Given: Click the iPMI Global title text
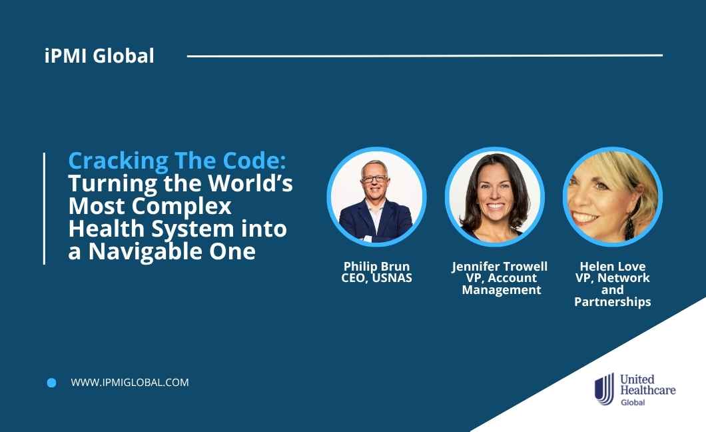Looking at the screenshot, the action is (99, 56).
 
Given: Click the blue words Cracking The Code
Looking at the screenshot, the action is (177, 161).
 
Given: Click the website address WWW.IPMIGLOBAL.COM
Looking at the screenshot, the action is (130, 383).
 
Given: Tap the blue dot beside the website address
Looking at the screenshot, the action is (52, 383).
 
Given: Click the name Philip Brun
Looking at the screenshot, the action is (376, 266).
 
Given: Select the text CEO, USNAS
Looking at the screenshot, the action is (376, 278).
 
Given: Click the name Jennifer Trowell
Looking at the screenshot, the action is (500, 266).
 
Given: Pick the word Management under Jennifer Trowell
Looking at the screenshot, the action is (502, 290).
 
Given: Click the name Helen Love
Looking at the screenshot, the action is (612, 266).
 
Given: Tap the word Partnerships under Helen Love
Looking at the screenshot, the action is (612, 302).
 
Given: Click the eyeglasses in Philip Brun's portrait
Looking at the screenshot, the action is (374, 179).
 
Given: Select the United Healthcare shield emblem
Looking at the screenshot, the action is (604, 389).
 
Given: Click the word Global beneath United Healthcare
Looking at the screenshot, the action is (633, 402).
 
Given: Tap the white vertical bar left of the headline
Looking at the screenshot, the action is (44, 209).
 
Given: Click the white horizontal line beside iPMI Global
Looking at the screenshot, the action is (424, 56).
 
